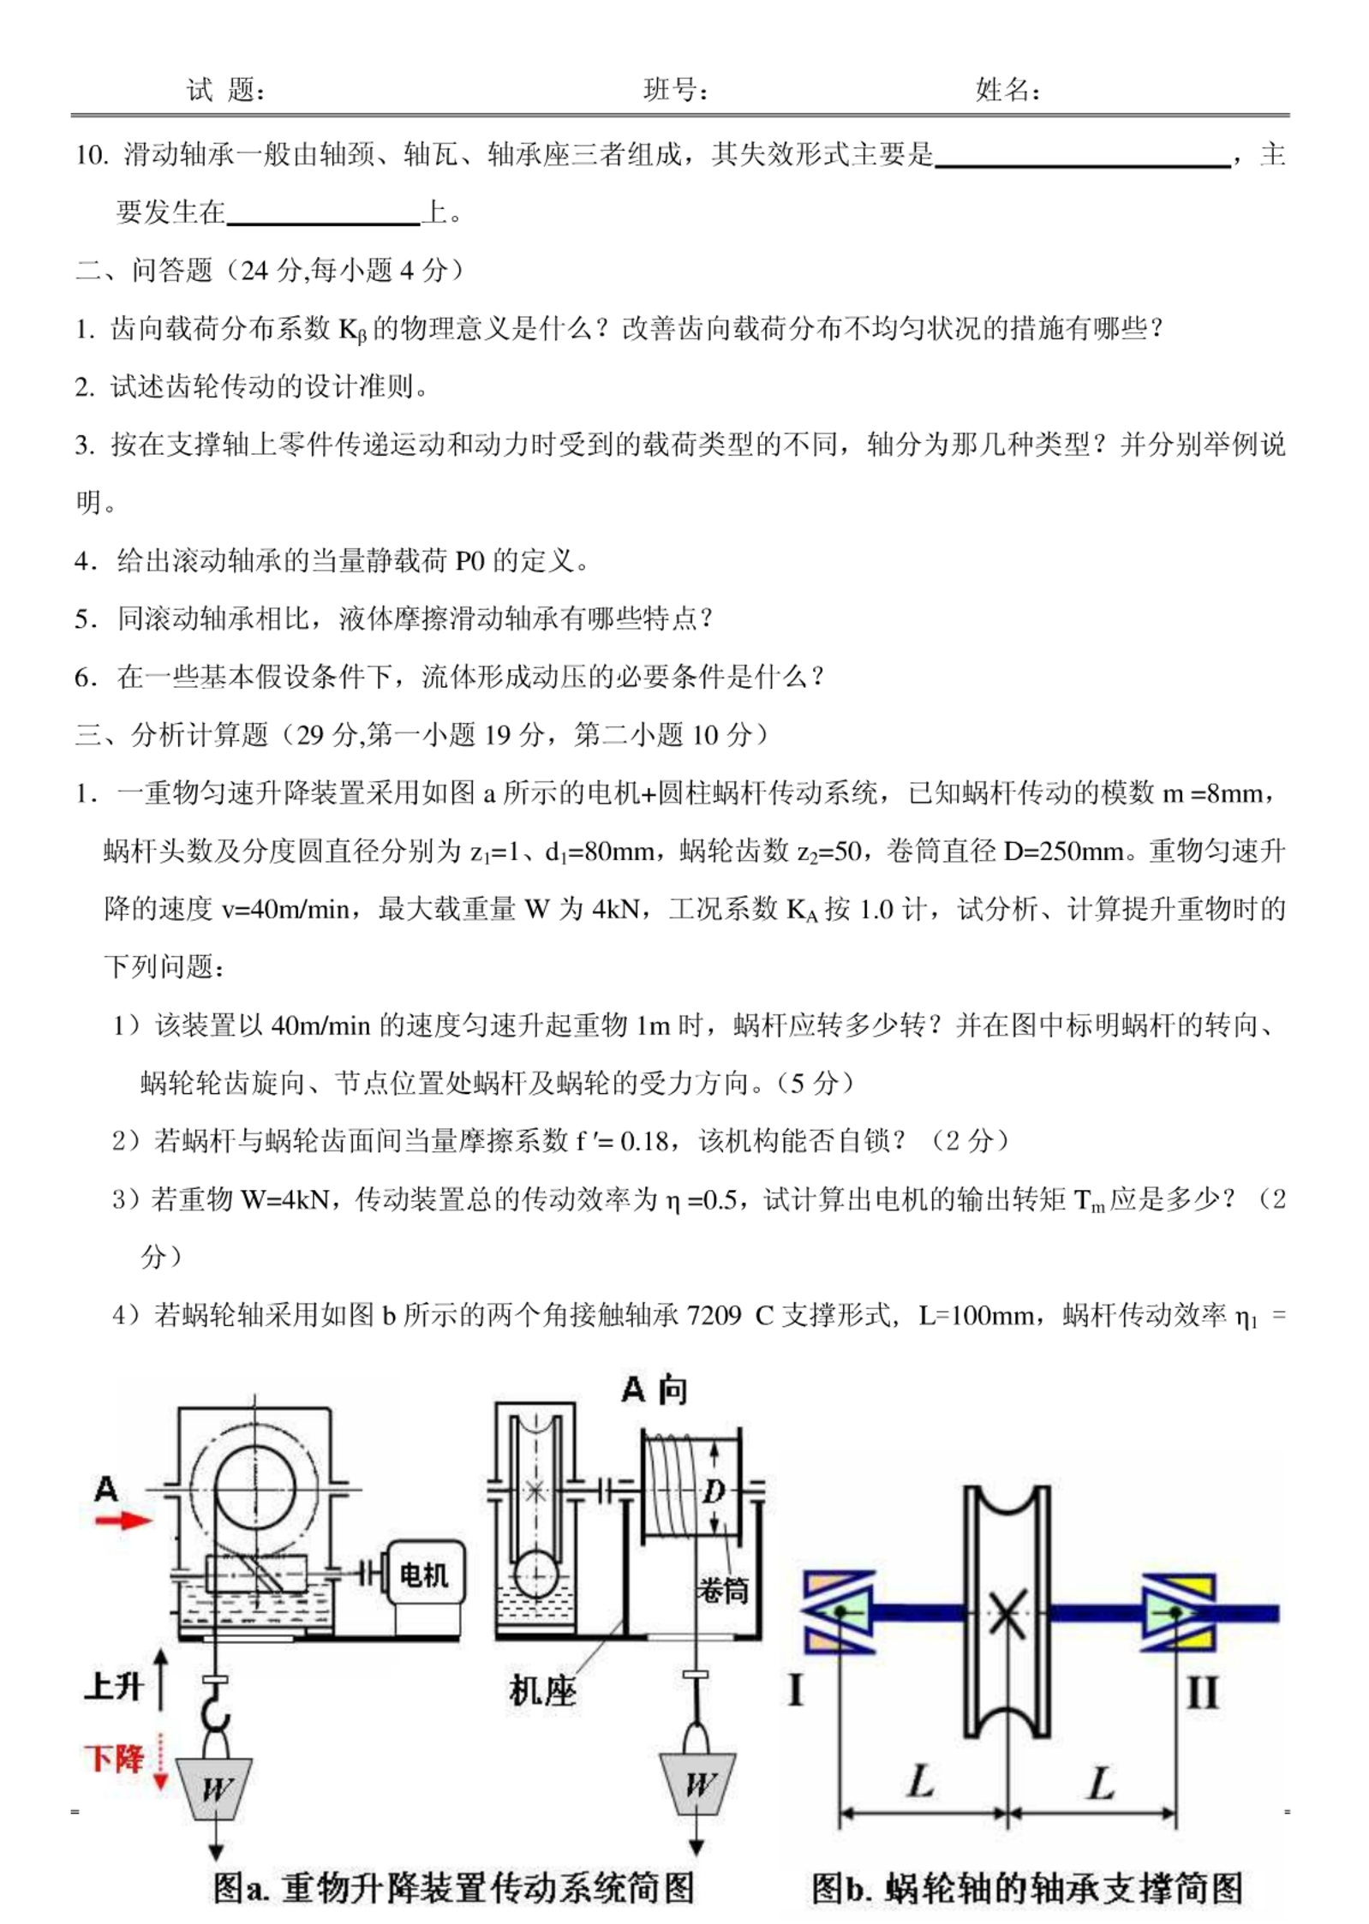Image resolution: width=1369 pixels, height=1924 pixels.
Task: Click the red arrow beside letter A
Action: coord(123,1520)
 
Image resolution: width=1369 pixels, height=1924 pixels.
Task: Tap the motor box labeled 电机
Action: coord(426,1573)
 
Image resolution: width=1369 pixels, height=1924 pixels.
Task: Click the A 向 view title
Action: coord(654,1390)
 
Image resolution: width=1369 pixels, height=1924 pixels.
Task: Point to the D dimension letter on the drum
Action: coord(714,1491)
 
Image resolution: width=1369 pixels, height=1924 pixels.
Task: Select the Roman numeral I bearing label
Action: coord(795,1692)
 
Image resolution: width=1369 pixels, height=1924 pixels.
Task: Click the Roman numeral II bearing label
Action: coord(1201,1692)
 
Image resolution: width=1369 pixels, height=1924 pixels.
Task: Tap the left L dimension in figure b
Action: coord(920,1783)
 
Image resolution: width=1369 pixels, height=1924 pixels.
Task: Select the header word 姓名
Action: coord(1006,89)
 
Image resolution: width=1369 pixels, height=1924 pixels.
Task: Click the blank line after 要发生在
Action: coord(324,214)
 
